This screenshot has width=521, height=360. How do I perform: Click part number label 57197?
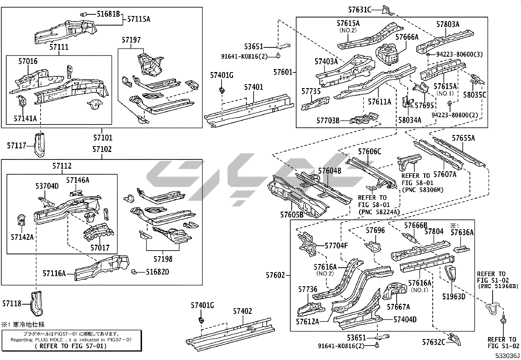click(131, 40)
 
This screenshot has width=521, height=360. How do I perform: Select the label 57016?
click(28, 61)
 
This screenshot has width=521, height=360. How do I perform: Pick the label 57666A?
click(407, 37)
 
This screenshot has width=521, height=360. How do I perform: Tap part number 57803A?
click(448, 24)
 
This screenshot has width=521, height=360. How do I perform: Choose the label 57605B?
click(292, 215)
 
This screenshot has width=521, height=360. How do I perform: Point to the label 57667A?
click(398, 307)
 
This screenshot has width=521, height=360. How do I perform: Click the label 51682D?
click(157, 272)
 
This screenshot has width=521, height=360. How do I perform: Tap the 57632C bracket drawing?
click(455, 339)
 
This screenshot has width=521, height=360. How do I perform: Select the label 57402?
click(243, 311)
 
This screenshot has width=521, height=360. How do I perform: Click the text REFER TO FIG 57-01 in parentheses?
click(71, 346)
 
